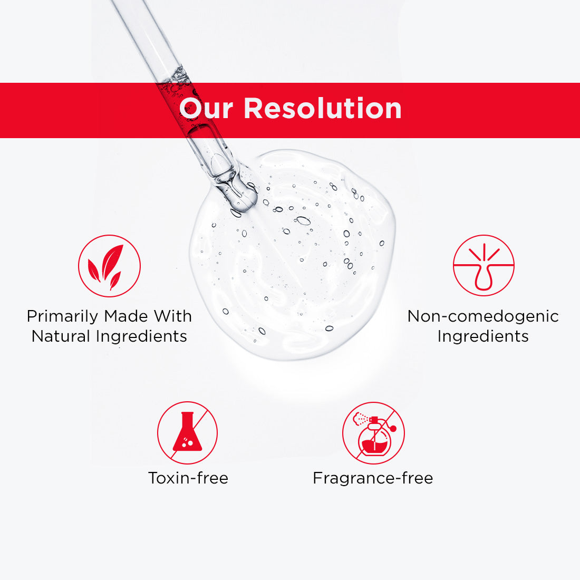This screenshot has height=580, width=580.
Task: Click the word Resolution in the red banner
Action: tap(322, 108)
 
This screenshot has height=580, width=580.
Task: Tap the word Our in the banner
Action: tap(206, 108)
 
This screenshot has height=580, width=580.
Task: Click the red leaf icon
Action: tap(109, 266)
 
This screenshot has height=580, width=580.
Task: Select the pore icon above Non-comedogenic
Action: tap(484, 266)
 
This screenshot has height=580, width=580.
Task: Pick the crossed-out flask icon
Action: tap(187, 433)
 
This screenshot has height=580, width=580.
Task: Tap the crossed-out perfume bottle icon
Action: tap(373, 433)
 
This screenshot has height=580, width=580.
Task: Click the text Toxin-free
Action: tap(188, 478)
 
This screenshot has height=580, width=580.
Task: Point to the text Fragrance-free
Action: tap(373, 478)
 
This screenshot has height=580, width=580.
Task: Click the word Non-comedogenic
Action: tap(483, 316)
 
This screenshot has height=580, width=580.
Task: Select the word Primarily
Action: tap(63, 316)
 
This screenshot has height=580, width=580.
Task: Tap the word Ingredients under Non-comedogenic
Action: tap(483, 336)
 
